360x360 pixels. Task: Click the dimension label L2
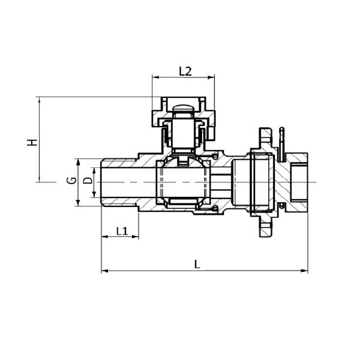[185, 71]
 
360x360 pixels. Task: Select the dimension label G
[70, 181]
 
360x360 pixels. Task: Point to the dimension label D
[88, 181]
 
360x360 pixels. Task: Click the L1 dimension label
[121, 230]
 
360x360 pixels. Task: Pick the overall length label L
[198, 263]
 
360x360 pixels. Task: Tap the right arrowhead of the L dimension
[307, 272]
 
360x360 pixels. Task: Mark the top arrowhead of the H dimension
[40, 100]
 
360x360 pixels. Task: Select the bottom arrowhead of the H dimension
[40, 180]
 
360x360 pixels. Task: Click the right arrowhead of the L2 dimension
[212, 77]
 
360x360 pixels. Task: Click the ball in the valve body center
[182, 181]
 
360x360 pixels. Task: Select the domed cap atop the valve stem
[182, 109]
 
